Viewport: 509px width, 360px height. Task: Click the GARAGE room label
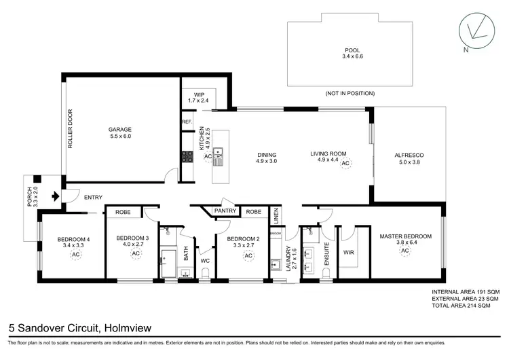[119, 129]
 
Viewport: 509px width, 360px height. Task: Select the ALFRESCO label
[408, 155]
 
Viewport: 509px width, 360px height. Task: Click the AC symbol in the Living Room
[345, 164]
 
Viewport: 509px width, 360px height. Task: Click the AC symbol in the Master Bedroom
[404, 251]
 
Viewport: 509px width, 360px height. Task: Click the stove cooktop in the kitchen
[187, 157]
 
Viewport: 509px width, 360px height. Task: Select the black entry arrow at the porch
[52, 196]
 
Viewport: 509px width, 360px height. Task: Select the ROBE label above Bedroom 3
[123, 211]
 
